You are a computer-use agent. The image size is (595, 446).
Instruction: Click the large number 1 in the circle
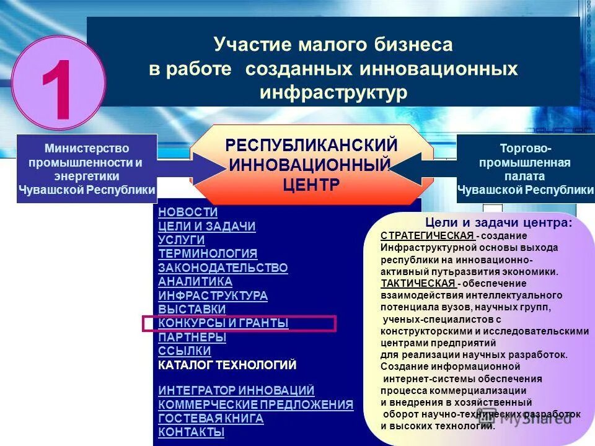pos(60,83)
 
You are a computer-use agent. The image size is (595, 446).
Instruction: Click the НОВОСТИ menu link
pos(188,212)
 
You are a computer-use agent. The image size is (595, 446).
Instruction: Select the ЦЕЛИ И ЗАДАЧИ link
pos(206,226)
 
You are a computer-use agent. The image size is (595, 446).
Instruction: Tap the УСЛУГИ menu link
pos(181,240)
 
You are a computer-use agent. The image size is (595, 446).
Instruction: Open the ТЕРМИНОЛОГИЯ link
pos(208,253)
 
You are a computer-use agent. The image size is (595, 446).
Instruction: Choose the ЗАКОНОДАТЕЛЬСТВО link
pos(223,268)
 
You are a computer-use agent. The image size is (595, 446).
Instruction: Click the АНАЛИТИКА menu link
pos(195,281)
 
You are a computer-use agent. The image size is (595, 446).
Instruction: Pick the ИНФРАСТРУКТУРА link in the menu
pos(213,295)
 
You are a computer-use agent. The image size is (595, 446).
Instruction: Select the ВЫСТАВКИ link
pos(192,309)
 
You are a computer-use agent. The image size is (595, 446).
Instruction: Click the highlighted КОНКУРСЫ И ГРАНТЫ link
pos(223,323)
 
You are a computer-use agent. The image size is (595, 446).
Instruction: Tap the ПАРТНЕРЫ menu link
pos(192,337)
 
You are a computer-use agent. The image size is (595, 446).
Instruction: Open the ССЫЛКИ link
pos(185,351)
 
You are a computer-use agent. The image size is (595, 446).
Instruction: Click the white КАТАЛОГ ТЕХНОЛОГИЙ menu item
pos(227,365)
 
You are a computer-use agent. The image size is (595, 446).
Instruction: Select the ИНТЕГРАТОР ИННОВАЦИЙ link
pos(236,390)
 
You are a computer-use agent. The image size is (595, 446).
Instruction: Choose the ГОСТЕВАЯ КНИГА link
pos(211,418)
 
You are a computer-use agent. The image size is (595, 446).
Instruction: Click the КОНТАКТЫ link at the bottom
pos(191,432)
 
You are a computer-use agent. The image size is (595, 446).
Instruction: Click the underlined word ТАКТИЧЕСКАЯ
pos(418,283)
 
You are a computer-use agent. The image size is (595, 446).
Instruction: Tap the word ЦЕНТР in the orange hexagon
pos(311,185)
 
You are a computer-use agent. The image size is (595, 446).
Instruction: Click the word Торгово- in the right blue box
pos(525,149)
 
